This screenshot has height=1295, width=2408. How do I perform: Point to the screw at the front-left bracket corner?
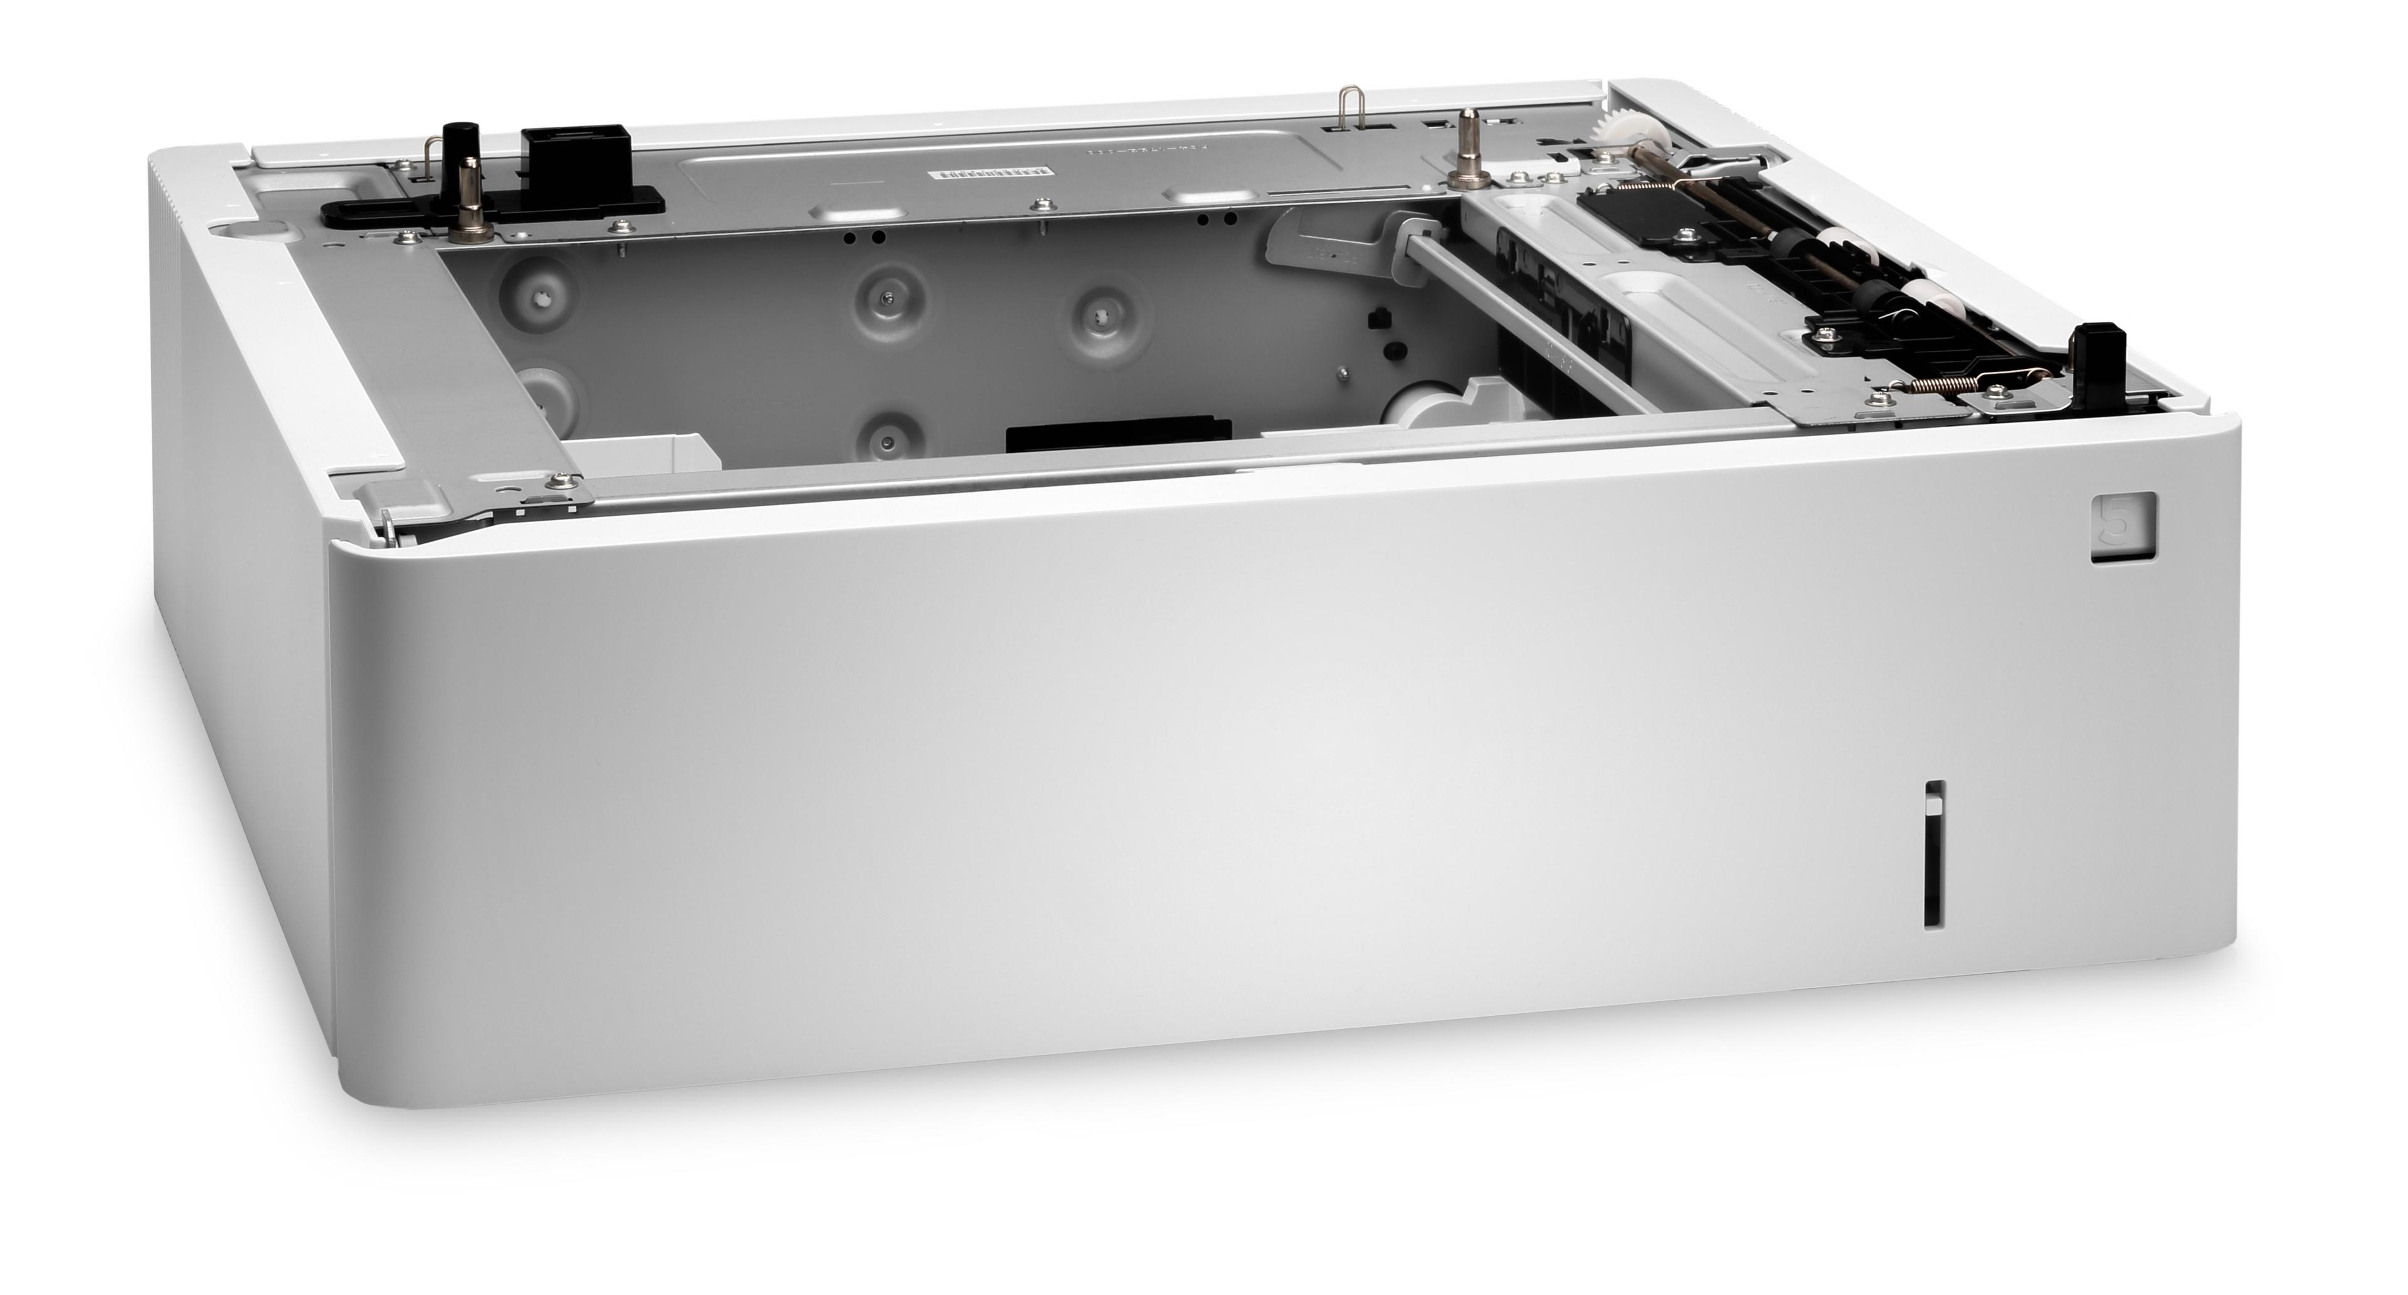point(560,481)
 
